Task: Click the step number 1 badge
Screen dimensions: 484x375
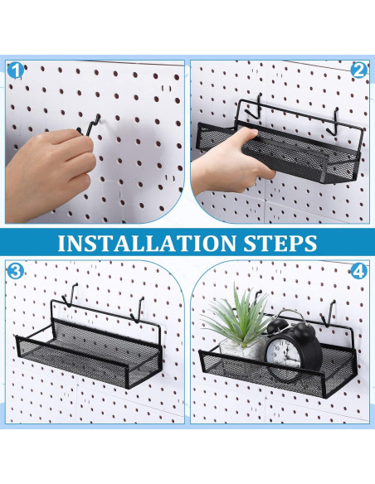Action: pyautogui.click(x=15, y=70)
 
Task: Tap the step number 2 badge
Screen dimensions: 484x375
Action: pyautogui.click(x=359, y=70)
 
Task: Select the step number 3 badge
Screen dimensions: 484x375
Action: pyautogui.click(x=15, y=271)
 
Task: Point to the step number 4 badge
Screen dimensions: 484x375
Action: pyautogui.click(x=359, y=271)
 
